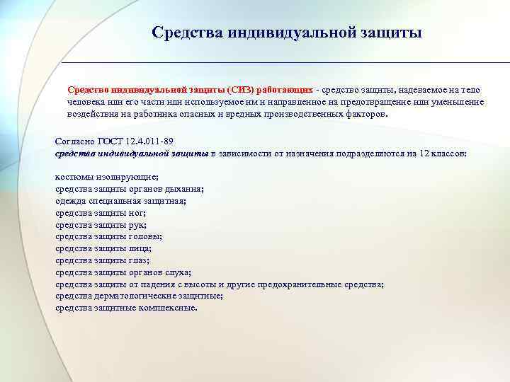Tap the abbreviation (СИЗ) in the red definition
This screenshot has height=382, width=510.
click(242, 91)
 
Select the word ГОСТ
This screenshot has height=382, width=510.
click(110, 141)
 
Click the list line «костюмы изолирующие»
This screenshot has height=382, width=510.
click(106, 176)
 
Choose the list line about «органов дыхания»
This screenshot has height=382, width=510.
click(130, 188)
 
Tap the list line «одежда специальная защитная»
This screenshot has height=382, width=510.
click(120, 200)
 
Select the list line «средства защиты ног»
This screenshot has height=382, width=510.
click(101, 212)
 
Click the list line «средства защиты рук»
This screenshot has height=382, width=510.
click(101, 224)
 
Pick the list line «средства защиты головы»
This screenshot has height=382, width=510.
click(108, 236)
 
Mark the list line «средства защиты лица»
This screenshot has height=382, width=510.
click(103, 248)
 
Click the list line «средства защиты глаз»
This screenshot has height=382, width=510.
click(103, 260)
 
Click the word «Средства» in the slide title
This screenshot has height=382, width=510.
click(185, 33)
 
